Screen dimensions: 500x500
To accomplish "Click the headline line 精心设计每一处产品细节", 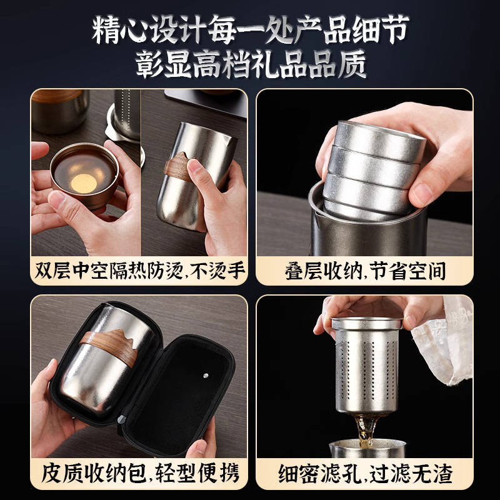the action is pos(251,29).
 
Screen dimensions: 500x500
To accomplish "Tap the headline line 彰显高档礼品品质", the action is pos(251,64).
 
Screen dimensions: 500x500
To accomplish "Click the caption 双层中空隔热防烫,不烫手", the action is pos(139,271).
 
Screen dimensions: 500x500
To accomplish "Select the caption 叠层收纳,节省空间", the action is pos(365,271).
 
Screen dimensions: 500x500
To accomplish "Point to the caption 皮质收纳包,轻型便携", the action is pos(140,473).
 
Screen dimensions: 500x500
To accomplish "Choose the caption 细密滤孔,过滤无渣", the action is pos(366,474).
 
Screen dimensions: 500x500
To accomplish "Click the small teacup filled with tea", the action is pos(84,175).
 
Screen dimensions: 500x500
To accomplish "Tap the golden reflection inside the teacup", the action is pos(84,183).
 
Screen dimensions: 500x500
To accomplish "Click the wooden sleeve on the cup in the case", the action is pos(110,346).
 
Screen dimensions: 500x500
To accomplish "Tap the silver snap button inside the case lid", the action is pos(206,376).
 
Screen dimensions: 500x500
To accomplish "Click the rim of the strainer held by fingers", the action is pos(367,324).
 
